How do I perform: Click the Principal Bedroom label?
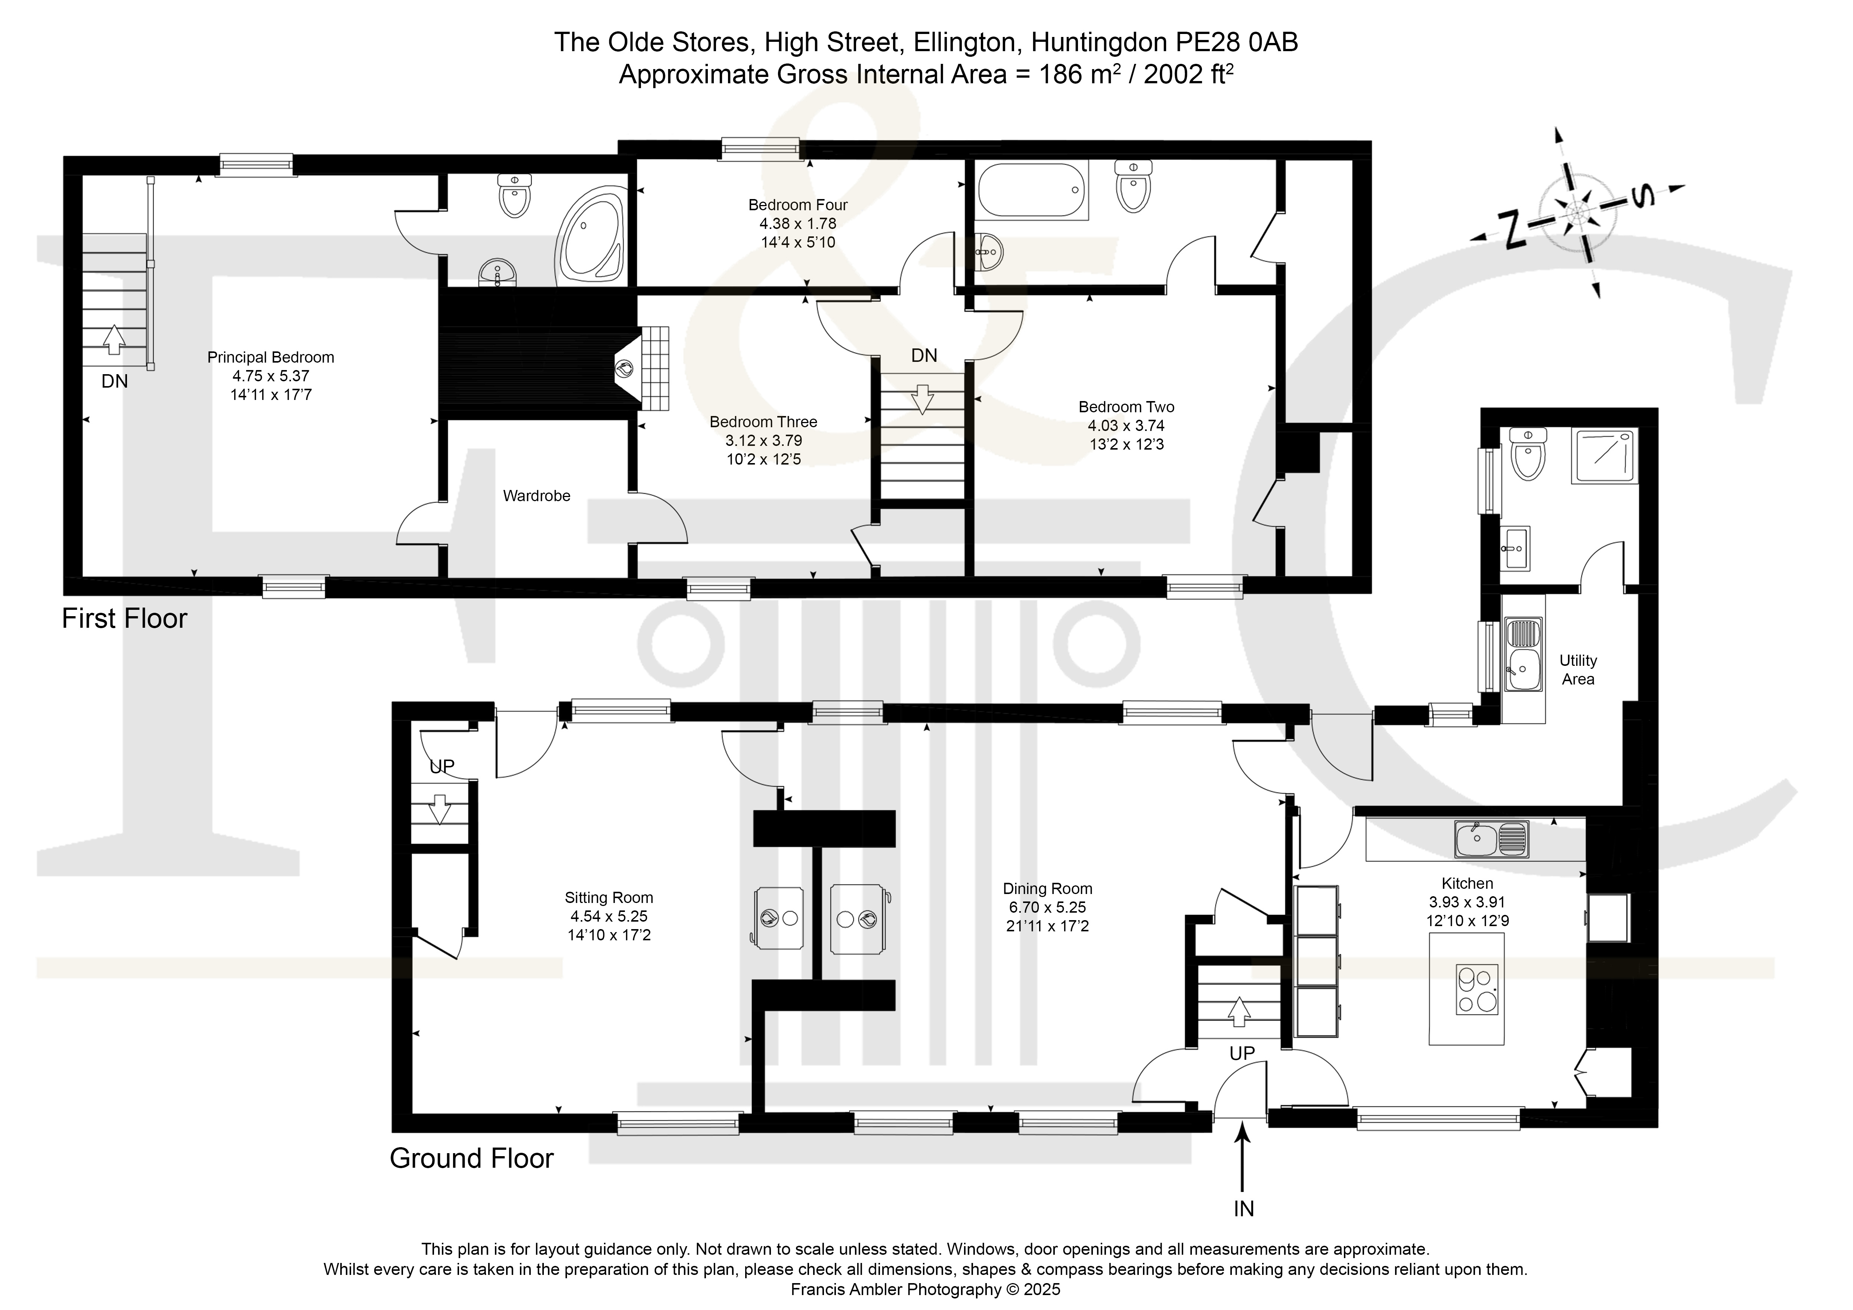(270, 357)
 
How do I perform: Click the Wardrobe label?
(537, 496)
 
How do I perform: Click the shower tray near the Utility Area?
(1605, 457)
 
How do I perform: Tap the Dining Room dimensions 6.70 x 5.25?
(1048, 907)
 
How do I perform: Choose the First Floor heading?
(124, 619)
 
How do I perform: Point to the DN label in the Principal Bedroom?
(115, 382)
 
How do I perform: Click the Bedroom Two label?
(1126, 407)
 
